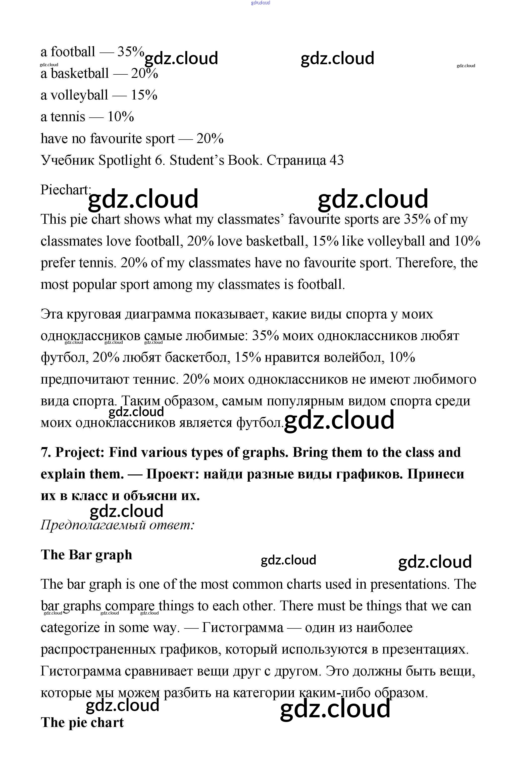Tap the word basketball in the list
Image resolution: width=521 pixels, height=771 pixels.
(x=80, y=74)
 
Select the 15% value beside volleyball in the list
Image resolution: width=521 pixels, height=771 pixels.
(x=144, y=95)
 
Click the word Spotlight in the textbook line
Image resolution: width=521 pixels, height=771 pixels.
(x=125, y=160)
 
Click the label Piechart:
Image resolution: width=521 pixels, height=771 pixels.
(x=65, y=190)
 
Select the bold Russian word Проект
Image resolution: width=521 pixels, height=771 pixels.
(x=172, y=474)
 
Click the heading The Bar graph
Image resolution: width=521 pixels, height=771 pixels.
(x=86, y=555)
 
